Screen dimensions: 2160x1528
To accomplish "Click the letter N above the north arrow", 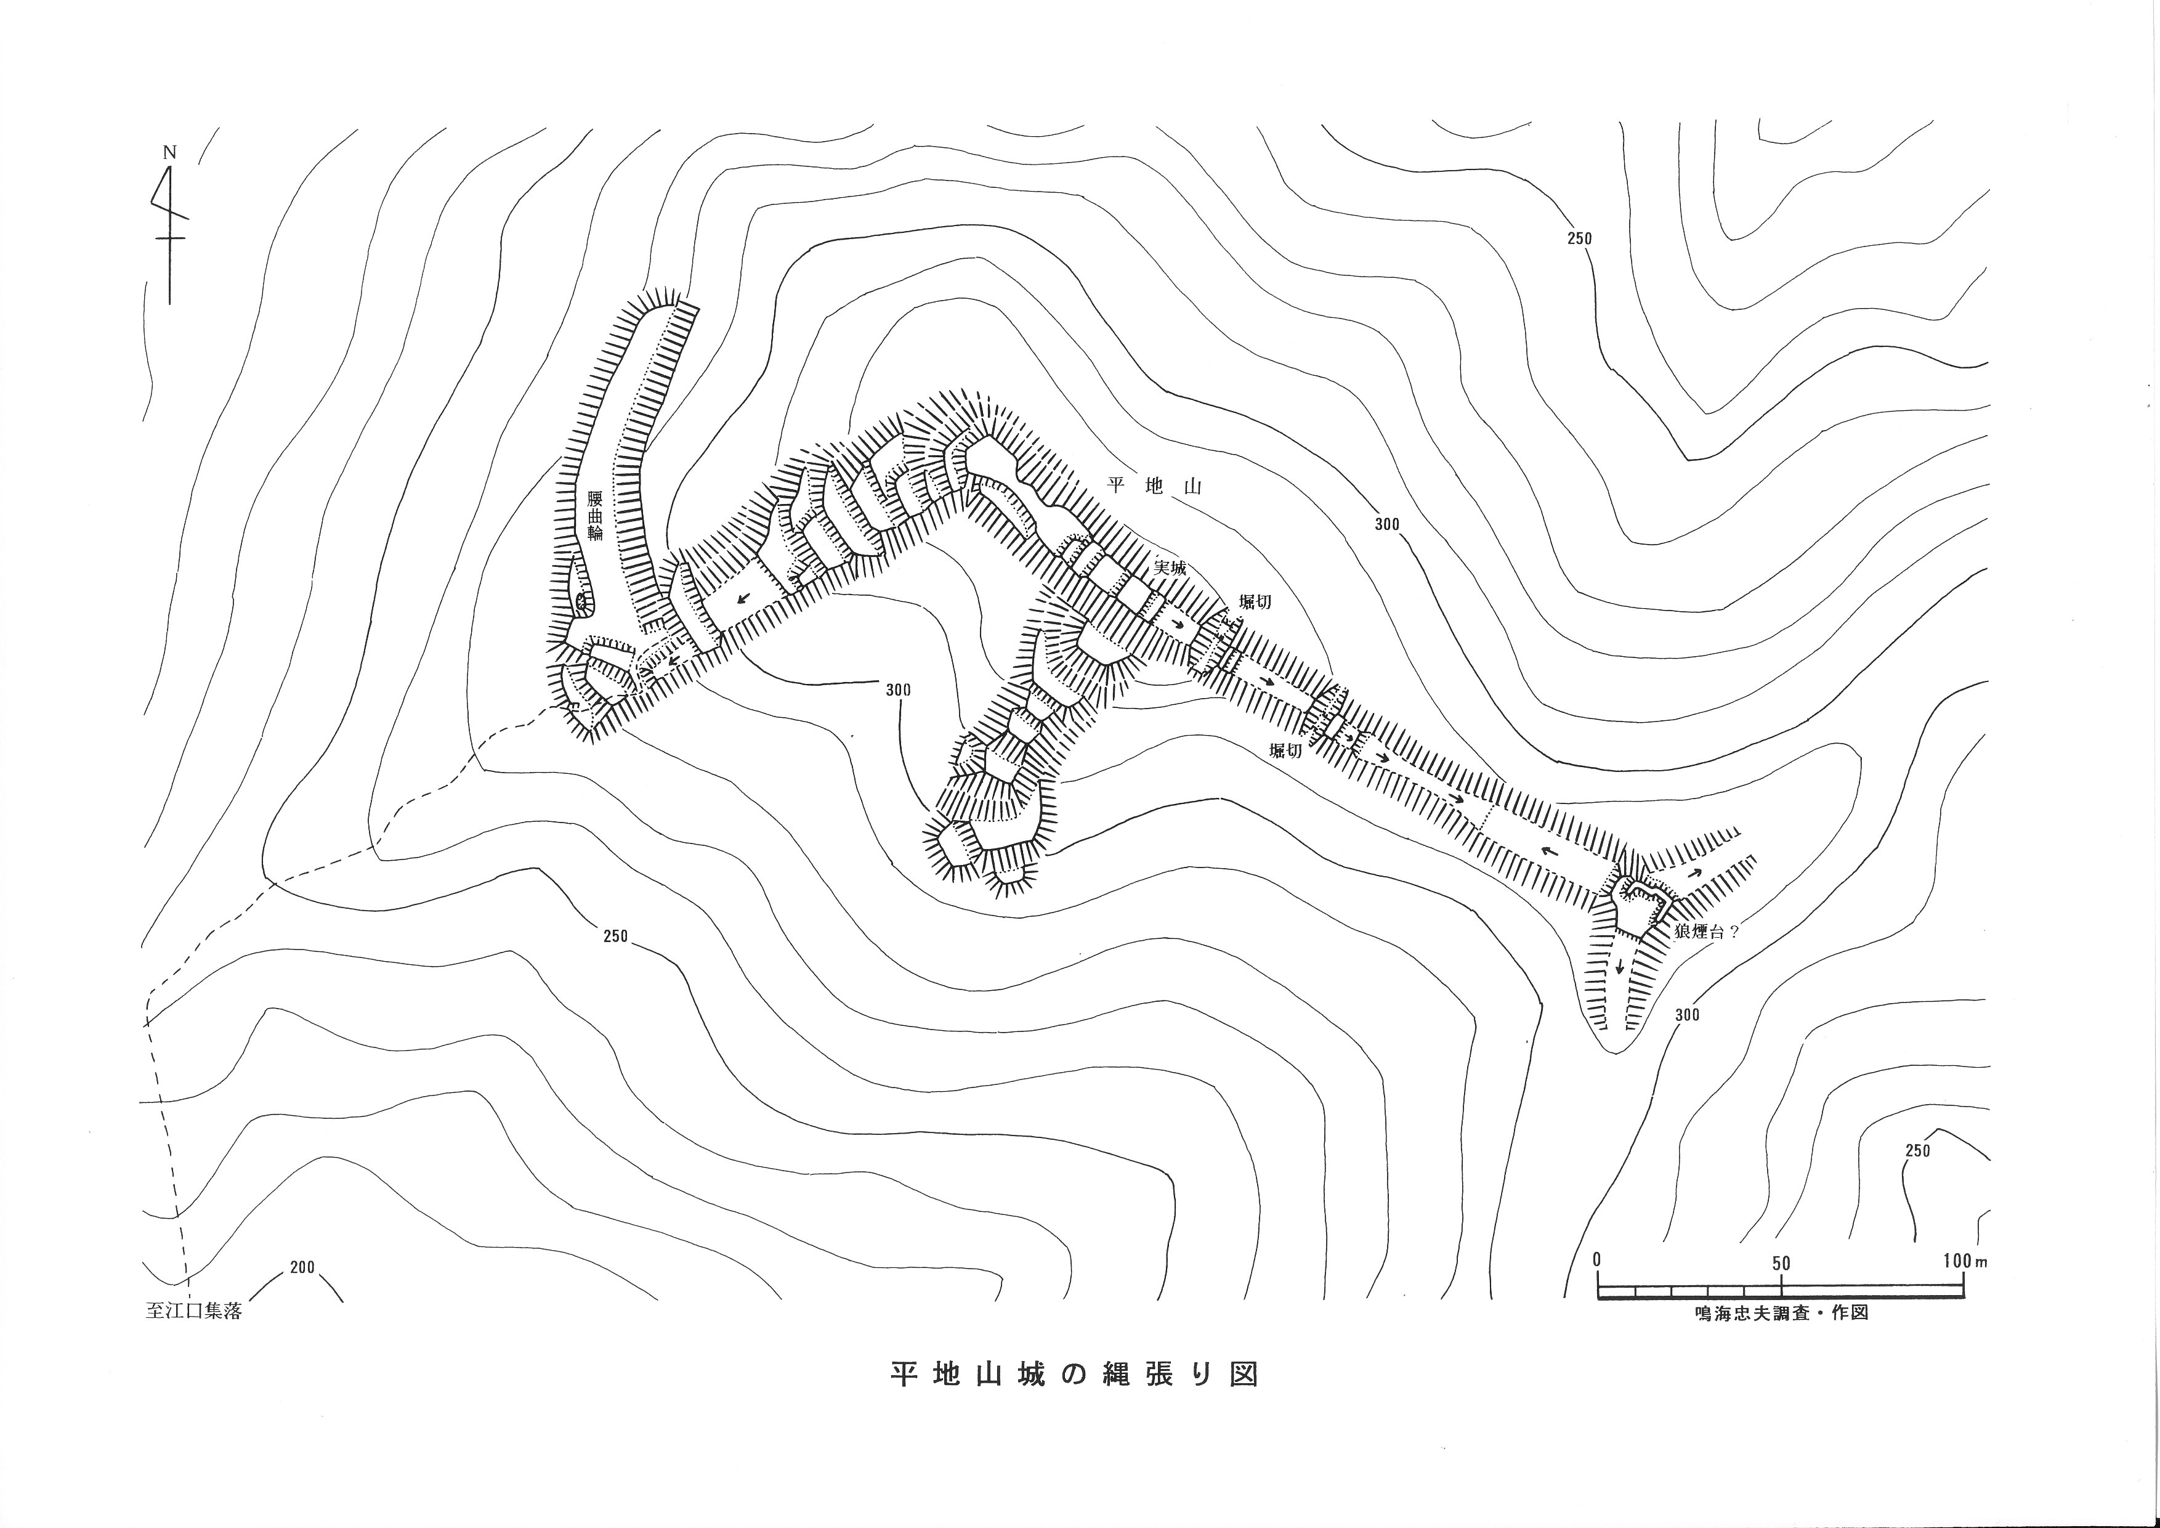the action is tap(170, 152).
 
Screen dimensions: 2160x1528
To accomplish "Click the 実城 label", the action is tap(1170, 568).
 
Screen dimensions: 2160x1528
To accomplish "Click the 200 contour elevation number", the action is tap(302, 1267).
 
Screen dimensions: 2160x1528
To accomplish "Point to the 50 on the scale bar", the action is tap(1781, 1262).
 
